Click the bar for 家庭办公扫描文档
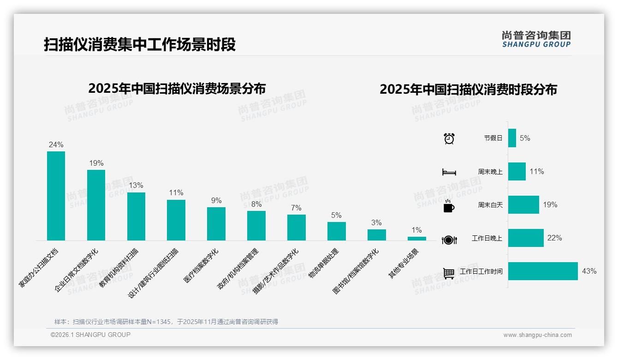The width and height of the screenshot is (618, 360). click(x=56, y=196)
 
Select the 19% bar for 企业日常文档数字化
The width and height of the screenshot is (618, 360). click(x=96, y=205)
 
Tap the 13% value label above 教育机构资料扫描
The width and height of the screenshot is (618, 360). click(x=136, y=185)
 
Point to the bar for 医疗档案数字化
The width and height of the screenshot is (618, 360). click(x=216, y=223)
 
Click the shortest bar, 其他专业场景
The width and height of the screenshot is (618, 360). click(x=416, y=239)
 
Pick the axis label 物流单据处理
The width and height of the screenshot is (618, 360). click(x=324, y=264)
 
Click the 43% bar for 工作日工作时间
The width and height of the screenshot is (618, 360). click(x=543, y=271)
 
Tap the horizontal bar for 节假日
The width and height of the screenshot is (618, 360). click(x=512, y=138)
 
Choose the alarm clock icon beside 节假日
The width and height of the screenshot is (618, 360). click(x=449, y=138)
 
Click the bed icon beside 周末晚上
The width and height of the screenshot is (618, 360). click(x=449, y=172)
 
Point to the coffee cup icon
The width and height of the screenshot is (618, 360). click(x=449, y=206)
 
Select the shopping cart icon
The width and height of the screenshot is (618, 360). click(x=449, y=273)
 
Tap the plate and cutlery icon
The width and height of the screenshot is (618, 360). click(x=449, y=240)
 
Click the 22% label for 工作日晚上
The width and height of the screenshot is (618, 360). click(x=554, y=238)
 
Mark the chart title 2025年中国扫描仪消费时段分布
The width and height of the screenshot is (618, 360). click(x=468, y=90)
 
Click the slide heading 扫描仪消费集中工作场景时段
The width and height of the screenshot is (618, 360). click(x=140, y=44)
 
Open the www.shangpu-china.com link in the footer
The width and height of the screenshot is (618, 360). click(x=537, y=335)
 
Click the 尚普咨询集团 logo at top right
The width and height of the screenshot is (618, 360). click(x=536, y=39)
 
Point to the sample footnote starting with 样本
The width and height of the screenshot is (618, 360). click(x=166, y=322)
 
